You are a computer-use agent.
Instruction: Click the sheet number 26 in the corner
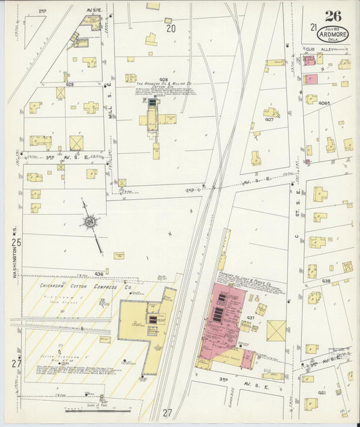pos(332,16)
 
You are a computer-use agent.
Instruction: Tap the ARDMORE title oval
pos(333,32)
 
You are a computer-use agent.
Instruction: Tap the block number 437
pos(251,317)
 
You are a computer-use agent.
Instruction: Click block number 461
pos(322,393)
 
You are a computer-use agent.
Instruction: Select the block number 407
pos(268,120)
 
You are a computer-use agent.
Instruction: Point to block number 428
pos(70,84)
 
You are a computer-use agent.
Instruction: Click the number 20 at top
pos(171,28)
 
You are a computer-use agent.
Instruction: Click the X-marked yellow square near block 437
pos(276,330)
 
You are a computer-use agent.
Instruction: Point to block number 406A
pos(326,103)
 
